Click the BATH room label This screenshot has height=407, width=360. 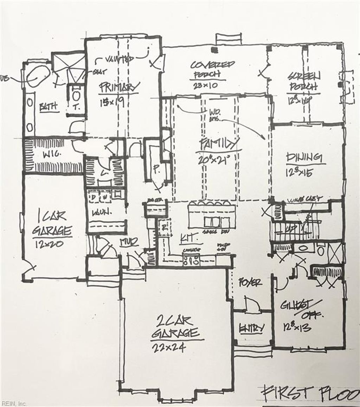coord(49,107)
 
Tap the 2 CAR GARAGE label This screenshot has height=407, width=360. coord(175,326)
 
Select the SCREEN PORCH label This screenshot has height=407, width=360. coord(304,81)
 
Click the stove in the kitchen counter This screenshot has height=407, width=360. coord(191,261)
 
